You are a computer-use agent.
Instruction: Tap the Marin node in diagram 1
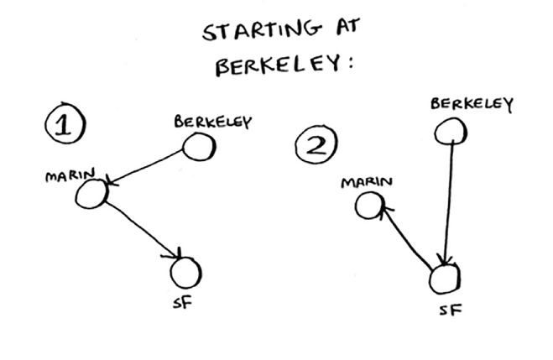coord(91,194)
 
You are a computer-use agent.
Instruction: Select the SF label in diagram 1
coord(182,302)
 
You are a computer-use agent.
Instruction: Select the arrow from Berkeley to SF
coord(450,201)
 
